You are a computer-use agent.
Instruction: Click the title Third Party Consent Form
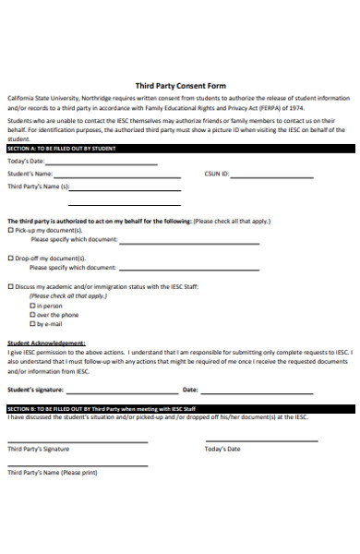pos(180,85)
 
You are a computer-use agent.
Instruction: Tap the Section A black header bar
pos(180,148)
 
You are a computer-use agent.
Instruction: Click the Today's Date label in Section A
pos(26,161)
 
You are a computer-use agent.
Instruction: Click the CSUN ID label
pos(217,173)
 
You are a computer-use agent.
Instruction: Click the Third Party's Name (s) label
pos(38,186)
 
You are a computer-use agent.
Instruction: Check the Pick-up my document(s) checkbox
pos(10,230)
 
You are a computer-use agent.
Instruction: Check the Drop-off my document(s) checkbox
pos(10,259)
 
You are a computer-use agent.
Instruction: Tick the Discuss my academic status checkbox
pos(10,286)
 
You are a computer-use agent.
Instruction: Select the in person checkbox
pos(32,306)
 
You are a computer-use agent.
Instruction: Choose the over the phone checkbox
pos(32,315)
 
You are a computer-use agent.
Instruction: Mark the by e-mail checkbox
pos(32,324)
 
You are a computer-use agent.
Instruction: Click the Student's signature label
pos(39,390)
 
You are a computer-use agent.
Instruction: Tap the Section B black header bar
pos(180,407)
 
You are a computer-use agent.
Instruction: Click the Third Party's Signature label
pos(38,449)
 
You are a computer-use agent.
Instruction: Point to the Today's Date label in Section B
pos(222,449)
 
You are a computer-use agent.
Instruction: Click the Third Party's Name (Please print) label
pos(52,472)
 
